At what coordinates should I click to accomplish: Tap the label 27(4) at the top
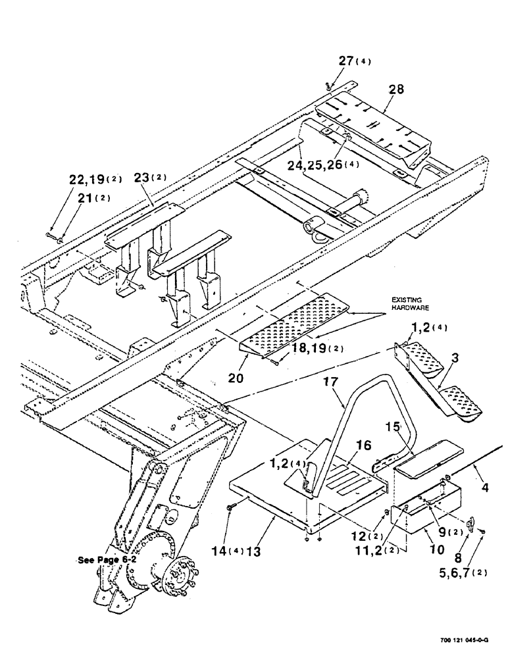pos(355,61)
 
